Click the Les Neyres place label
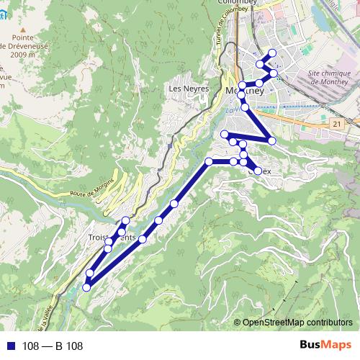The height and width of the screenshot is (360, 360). click(x=188, y=89)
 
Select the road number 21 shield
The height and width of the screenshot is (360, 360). click(x=336, y=125)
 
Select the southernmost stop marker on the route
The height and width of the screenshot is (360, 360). click(x=86, y=287)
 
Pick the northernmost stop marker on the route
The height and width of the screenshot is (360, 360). click(x=271, y=53)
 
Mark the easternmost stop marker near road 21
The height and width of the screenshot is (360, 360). click(x=271, y=140)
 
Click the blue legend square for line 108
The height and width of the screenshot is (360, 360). click(x=10, y=346)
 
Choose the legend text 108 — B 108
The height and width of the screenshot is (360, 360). click(x=53, y=346)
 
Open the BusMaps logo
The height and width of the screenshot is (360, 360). click(x=326, y=346)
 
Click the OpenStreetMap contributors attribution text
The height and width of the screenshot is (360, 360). click(x=297, y=323)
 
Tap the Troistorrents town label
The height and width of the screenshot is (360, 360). click(x=112, y=237)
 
